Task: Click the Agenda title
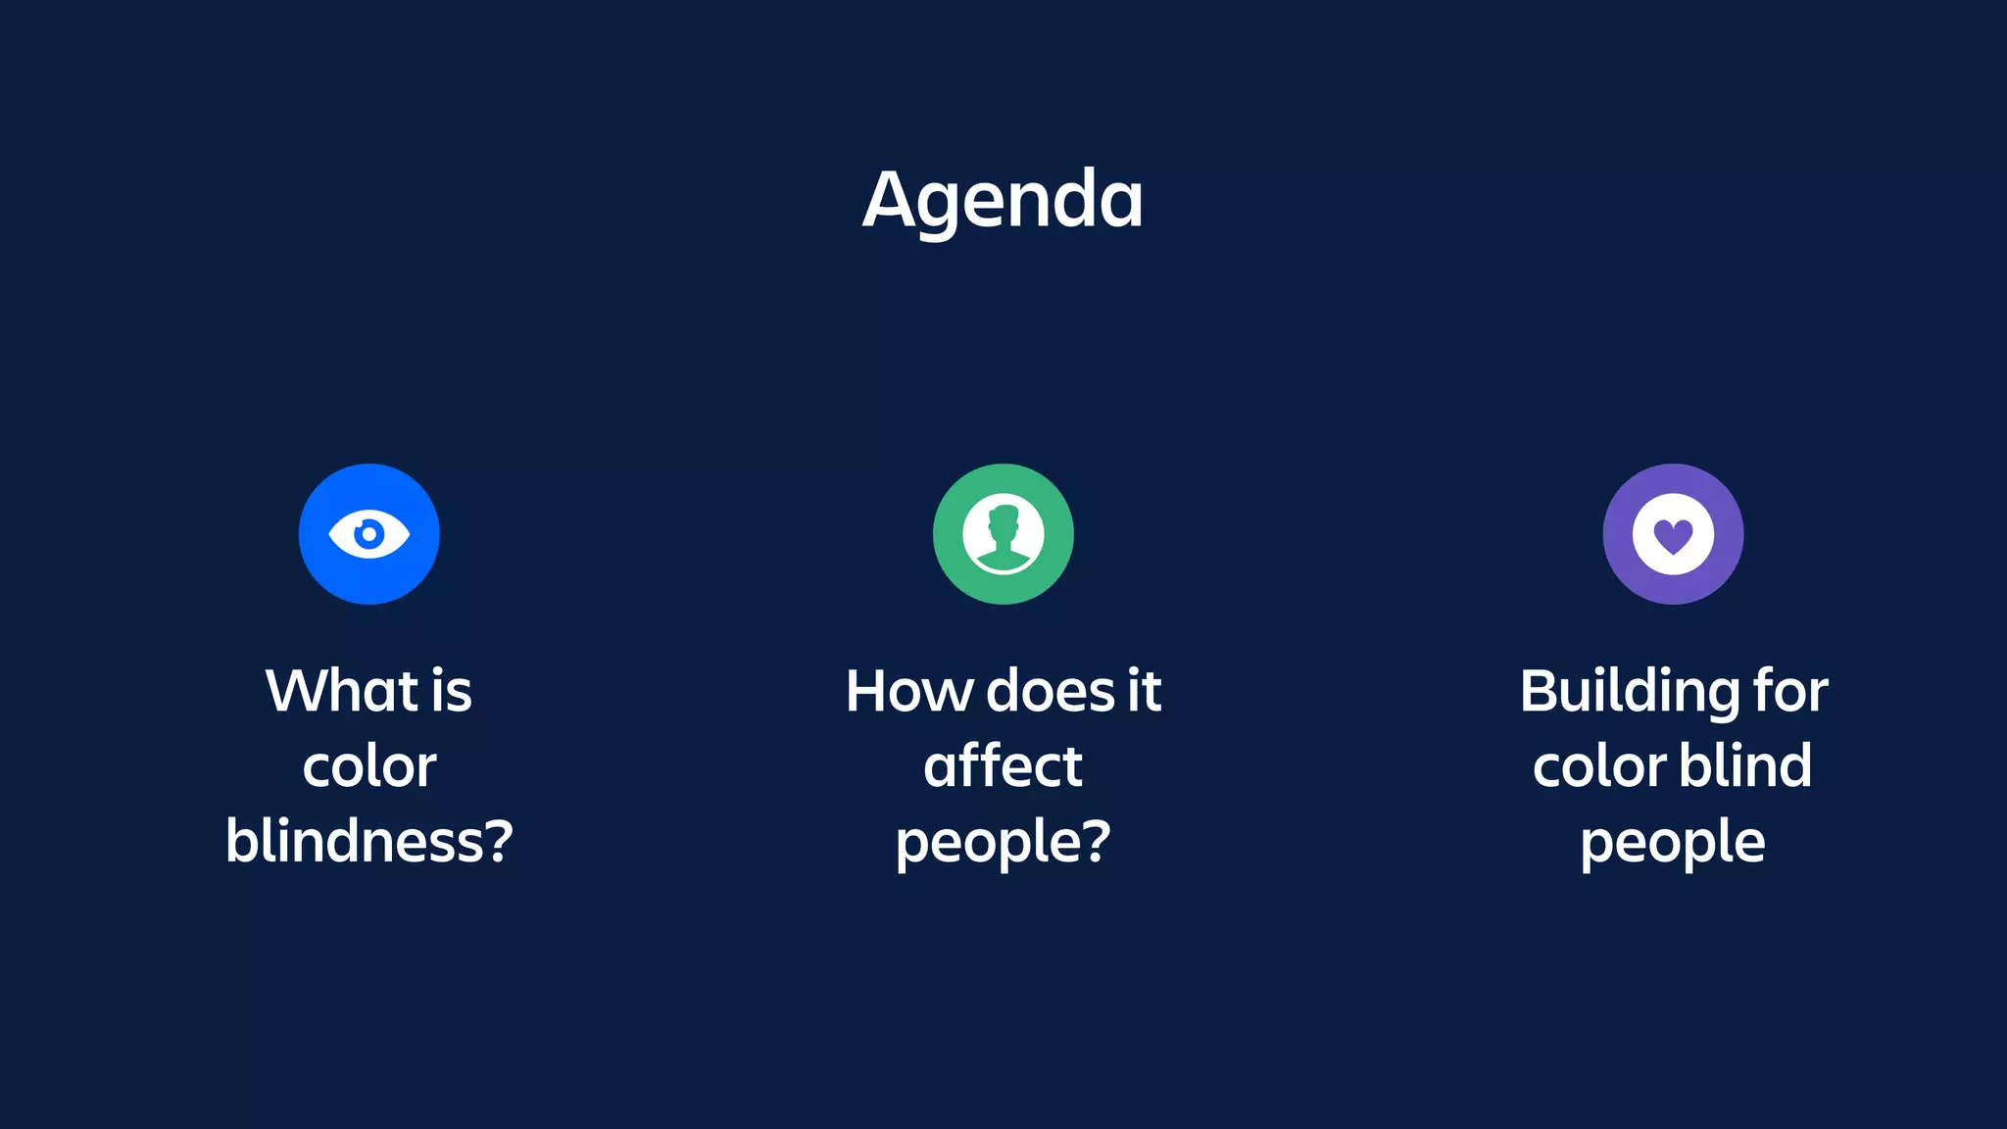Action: (x=1003, y=200)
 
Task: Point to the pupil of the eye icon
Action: (x=369, y=534)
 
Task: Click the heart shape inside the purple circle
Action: (x=1673, y=536)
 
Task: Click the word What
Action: (x=342, y=691)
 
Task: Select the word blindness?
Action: (x=369, y=841)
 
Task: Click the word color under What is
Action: (x=369, y=766)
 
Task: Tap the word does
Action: (x=1050, y=691)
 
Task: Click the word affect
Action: (x=1003, y=765)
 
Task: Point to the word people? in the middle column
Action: (x=1003, y=843)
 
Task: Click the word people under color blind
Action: (x=1672, y=843)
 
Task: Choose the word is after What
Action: (x=451, y=691)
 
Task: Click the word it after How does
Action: (x=1144, y=691)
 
